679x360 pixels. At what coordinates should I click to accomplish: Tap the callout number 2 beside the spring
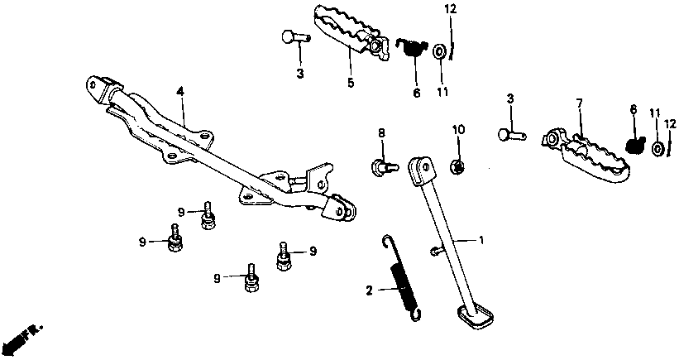[x=370, y=290]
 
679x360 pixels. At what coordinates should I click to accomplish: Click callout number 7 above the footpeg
[x=580, y=103]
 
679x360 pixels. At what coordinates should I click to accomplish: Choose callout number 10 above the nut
[x=457, y=130]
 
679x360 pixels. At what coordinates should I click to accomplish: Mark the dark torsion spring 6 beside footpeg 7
[x=635, y=144]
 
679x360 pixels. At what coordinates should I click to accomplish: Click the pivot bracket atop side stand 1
[x=420, y=170]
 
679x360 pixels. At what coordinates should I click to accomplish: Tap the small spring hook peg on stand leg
[x=435, y=251]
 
